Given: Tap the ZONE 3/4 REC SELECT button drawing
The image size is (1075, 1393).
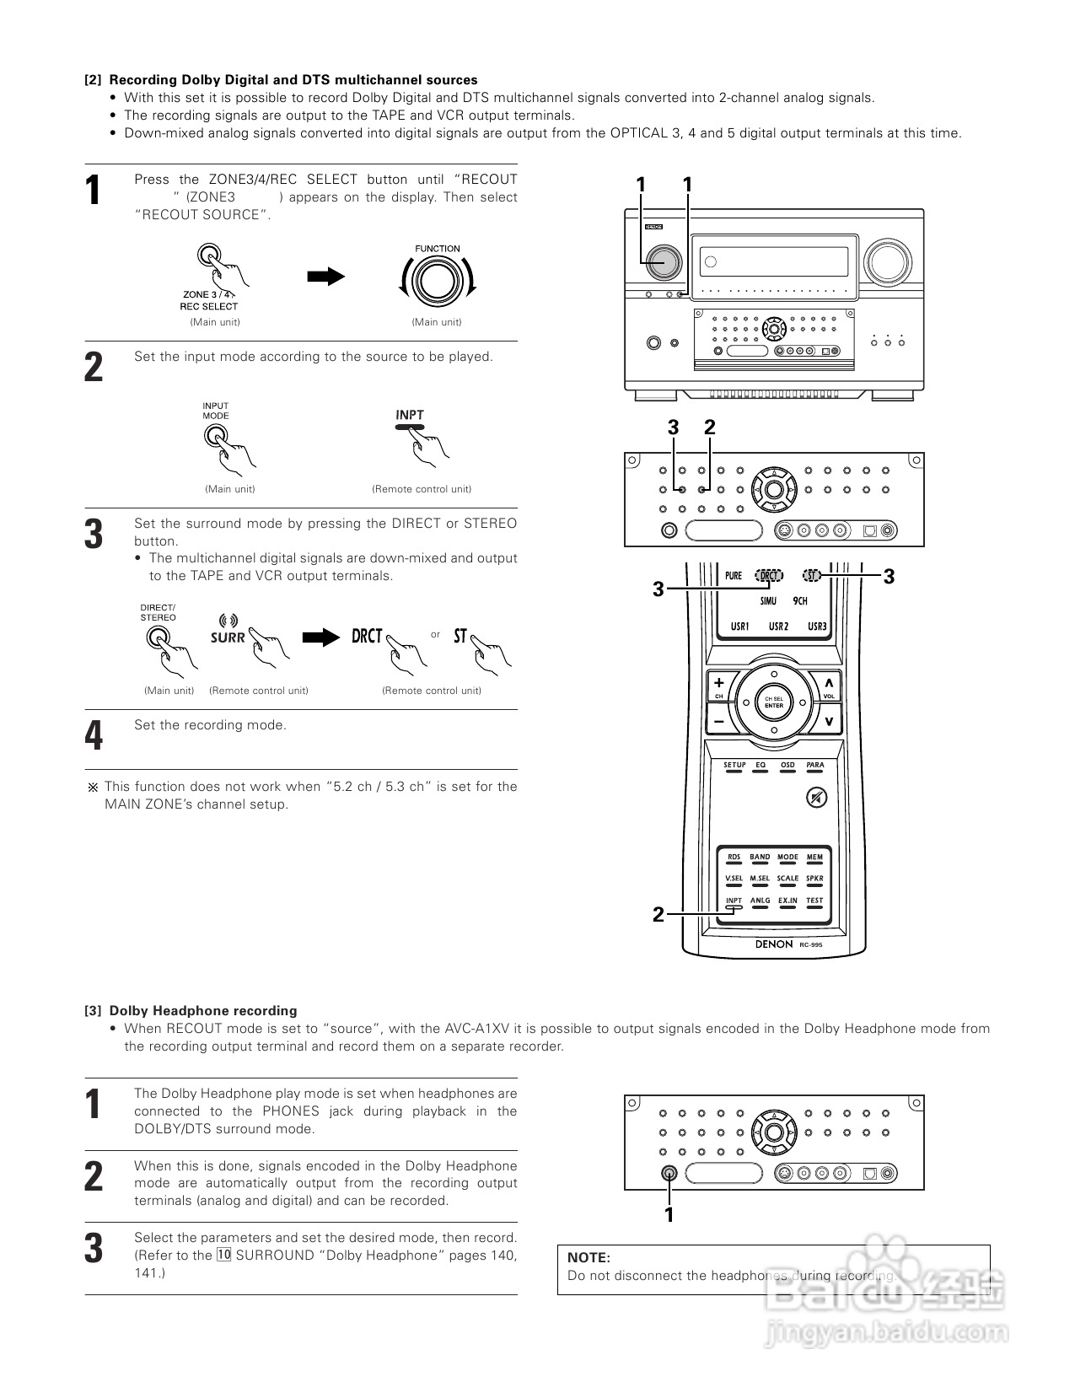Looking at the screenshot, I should (209, 255).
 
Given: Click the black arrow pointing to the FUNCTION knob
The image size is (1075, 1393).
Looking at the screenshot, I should (325, 277).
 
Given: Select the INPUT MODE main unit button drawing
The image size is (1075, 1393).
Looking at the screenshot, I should (215, 435).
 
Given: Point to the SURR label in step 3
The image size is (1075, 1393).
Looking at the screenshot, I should (228, 637).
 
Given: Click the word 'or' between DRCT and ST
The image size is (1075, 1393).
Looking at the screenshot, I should (435, 634).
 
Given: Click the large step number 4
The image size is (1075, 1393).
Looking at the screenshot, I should (94, 735).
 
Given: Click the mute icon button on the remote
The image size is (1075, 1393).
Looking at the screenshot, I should (814, 797).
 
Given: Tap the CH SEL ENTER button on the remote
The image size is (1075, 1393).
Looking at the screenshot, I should (774, 702).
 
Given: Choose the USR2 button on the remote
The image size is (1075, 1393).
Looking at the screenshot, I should (778, 627).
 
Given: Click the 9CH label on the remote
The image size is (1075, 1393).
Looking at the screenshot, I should (800, 601).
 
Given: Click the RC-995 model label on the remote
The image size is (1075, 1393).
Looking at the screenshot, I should (810, 945).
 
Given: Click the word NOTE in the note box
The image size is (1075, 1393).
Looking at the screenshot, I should (589, 1257).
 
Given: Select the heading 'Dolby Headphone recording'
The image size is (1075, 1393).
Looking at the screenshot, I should (203, 1010).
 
